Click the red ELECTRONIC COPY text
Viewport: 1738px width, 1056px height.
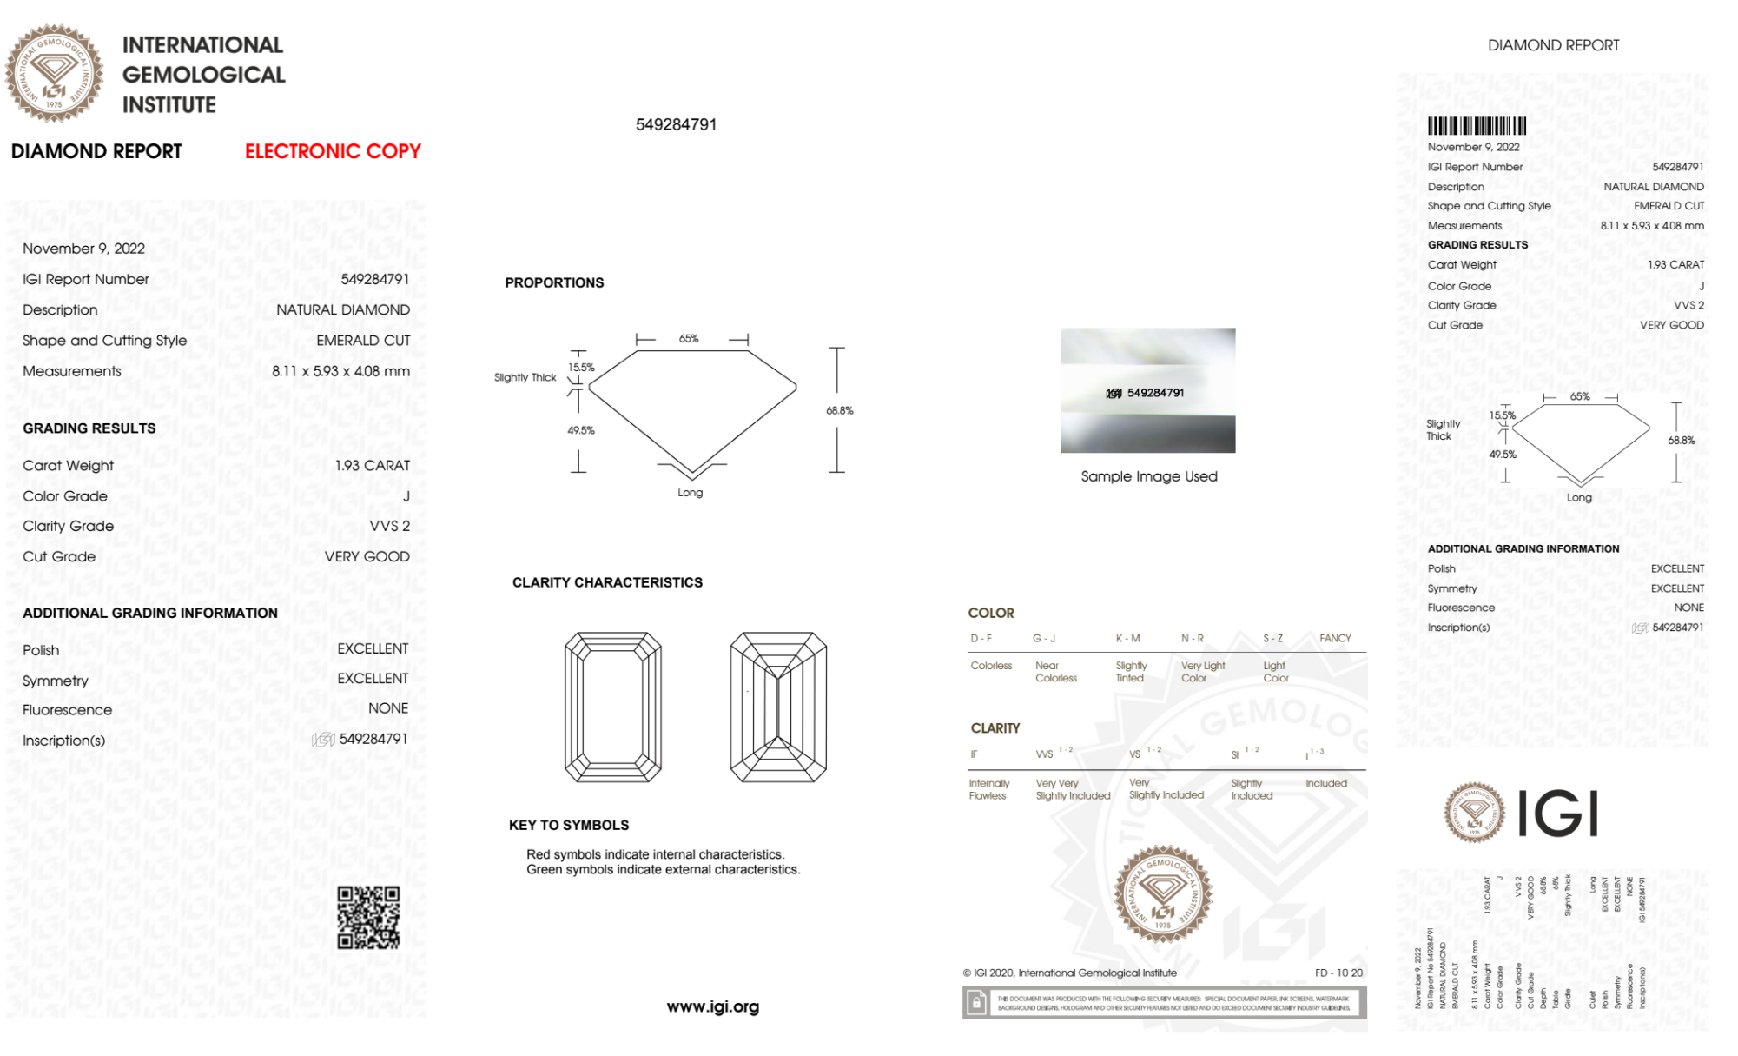[333, 151]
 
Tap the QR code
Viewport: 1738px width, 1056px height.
[368, 917]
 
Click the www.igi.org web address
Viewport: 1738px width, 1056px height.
[712, 1006]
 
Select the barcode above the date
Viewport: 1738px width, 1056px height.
[1477, 126]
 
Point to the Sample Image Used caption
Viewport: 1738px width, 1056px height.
[1148, 476]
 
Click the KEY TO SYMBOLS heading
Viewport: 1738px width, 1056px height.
[569, 825]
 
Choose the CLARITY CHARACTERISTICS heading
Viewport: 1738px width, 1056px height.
[607, 582]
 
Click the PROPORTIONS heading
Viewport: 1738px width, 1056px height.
[554, 282]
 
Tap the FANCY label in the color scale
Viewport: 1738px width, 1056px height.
[1335, 638]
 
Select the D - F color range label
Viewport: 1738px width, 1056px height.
[981, 638]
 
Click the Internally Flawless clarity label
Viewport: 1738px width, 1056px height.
[988, 789]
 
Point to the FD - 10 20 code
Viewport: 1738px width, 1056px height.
[1338, 973]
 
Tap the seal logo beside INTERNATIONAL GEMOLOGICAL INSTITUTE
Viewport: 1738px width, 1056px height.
[54, 74]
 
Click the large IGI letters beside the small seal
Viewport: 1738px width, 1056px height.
[1558, 814]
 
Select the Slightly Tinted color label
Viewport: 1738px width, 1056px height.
[1131, 672]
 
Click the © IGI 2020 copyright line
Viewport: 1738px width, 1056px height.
[1069, 973]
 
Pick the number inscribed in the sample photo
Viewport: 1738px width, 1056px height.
[1155, 393]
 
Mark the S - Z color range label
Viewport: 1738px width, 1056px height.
[1272, 638]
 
